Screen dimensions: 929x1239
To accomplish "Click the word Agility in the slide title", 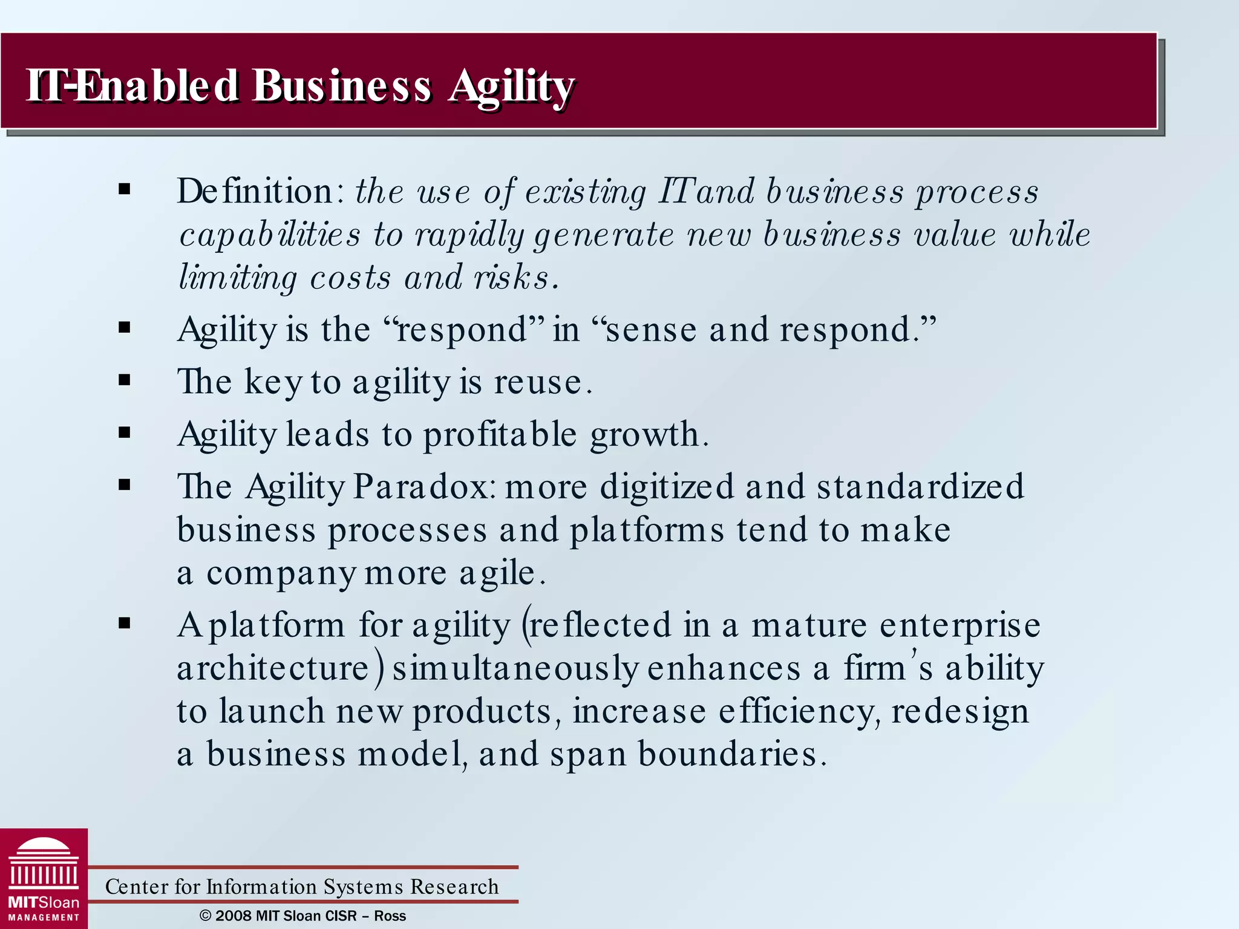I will coord(511,86).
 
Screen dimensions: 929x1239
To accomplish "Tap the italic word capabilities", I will coord(270,235).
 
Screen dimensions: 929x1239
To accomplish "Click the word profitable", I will coord(500,435).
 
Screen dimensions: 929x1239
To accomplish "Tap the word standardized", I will coord(920,487).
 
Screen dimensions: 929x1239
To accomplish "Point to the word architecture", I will coord(273,668).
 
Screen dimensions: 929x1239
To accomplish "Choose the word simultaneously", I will coord(515,668).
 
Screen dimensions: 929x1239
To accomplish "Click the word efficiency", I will coord(799,711).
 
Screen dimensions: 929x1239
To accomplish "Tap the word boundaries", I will coord(731,754).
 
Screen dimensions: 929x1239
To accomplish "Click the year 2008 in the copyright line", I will coord(233,916).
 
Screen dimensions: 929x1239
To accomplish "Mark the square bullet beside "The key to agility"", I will coord(125,380).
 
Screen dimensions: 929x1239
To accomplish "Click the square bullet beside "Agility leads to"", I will coord(125,432).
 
